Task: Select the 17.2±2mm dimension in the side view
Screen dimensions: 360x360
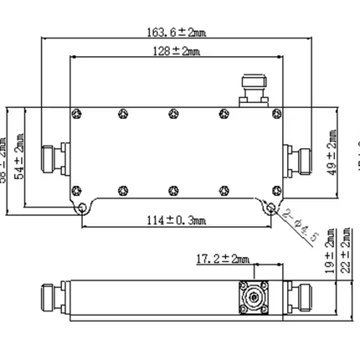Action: click(205, 260)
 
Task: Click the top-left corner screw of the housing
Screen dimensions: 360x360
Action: click(76, 112)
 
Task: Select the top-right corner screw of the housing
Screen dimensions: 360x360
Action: click(275, 112)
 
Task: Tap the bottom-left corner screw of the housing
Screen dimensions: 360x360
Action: click(76, 188)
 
